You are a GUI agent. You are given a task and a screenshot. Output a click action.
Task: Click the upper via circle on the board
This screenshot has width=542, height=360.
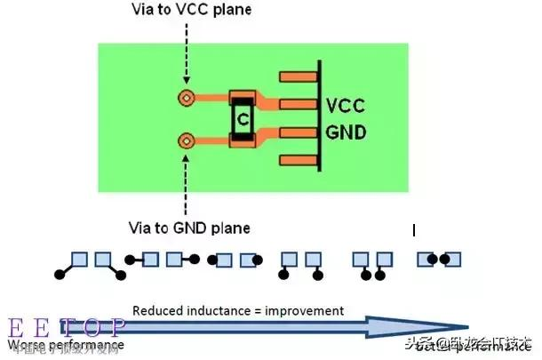(187, 98)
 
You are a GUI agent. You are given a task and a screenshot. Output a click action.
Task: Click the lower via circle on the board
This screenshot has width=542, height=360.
(187, 140)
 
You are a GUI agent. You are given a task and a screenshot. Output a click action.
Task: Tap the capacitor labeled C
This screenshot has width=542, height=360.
(243, 117)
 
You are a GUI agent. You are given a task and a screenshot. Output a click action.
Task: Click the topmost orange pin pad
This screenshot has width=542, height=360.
(299, 77)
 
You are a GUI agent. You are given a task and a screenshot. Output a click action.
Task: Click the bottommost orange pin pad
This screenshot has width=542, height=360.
(299, 160)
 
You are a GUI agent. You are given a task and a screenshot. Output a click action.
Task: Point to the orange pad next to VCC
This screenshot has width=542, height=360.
(299, 105)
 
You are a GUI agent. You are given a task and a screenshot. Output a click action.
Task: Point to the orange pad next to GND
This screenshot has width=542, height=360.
(299, 133)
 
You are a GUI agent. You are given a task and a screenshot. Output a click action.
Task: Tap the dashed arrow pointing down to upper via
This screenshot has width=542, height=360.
(187, 53)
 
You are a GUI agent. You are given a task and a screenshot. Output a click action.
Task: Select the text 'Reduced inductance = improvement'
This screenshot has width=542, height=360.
(237, 310)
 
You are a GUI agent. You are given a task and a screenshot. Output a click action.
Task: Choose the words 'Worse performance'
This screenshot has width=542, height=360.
(66, 344)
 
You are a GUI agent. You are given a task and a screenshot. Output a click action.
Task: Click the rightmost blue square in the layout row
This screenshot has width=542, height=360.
(452, 259)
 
